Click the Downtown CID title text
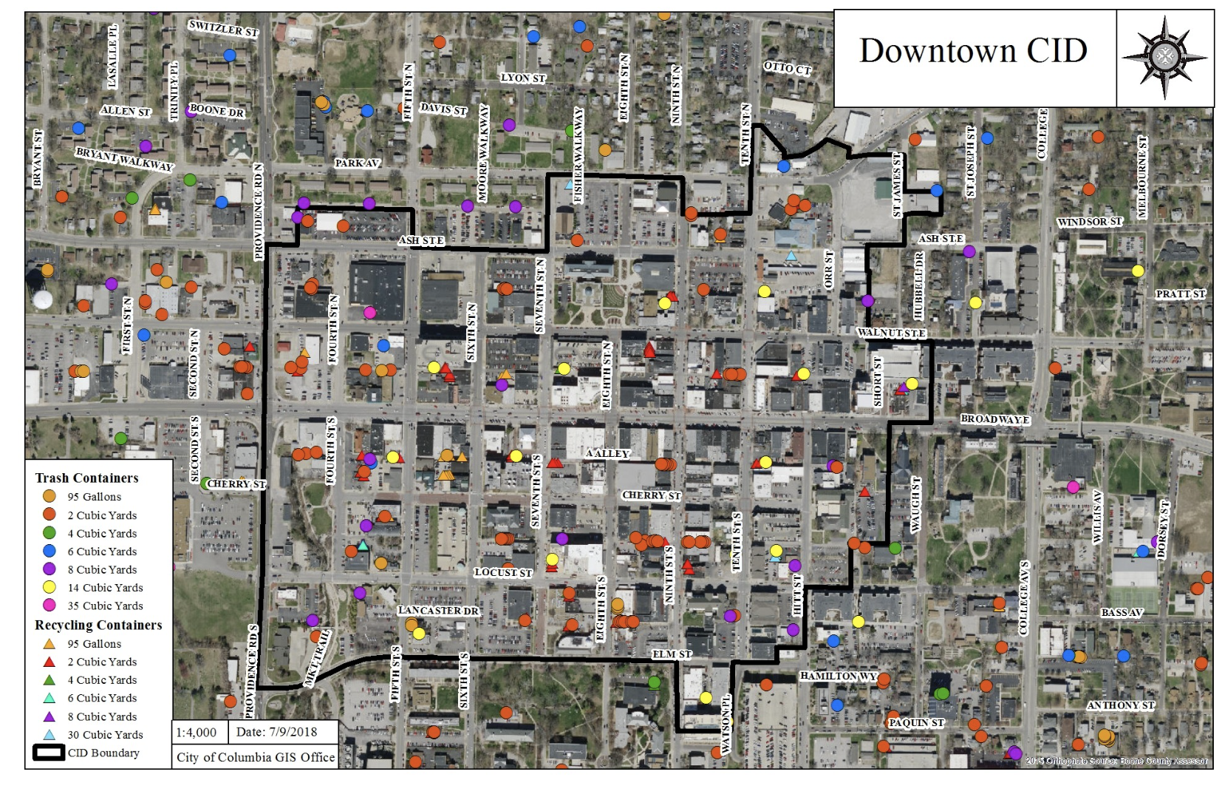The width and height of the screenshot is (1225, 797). click(x=972, y=51)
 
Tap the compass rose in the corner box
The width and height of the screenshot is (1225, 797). click(x=1164, y=56)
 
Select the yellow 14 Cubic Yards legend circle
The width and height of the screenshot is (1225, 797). click(x=50, y=588)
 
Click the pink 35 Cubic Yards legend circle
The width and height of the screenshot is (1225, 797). click(x=50, y=606)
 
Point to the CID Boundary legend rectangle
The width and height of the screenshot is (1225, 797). click(x=49, y=753)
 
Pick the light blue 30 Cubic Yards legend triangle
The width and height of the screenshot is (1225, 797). click(x=50, y=735)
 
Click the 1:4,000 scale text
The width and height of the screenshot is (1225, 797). click(x=197, y=733)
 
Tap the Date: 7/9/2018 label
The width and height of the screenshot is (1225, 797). click(x=276, y=733)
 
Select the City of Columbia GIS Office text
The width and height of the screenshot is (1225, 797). click(x=256, y=757)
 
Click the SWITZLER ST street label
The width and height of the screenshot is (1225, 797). click(x=223, y=28)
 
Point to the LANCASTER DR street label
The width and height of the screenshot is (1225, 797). click(x=438, y=611)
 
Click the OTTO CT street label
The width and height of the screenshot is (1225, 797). click(x=787, y=68)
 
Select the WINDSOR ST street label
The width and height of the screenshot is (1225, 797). click(x=1089, y=222)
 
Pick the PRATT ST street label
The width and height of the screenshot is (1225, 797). click(x=1180, y=294)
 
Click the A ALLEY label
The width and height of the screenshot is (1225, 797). click(x=607, y=453)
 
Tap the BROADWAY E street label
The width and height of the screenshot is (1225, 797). click(x=994, y=419)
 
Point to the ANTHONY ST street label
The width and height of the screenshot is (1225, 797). click(x=1120, y=705)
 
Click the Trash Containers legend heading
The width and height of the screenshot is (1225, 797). click(x=86, y=478)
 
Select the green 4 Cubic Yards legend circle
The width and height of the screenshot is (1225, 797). click(x=50, y=533)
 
